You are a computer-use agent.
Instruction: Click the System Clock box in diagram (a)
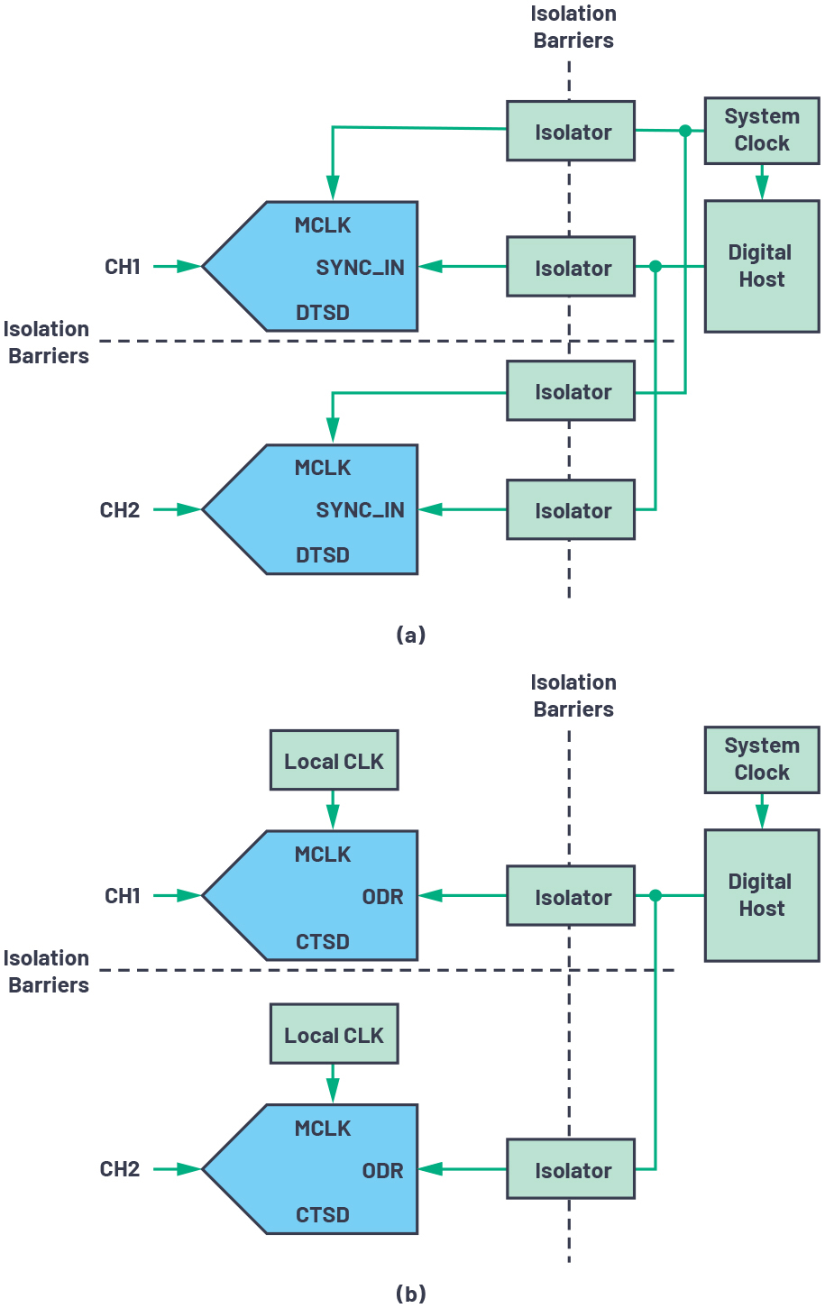point(761,130)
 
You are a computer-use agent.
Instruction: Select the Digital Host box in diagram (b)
point(761,895)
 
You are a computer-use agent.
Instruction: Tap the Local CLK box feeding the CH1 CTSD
point(334,761)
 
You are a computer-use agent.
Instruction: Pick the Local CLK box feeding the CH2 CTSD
point(334,1035)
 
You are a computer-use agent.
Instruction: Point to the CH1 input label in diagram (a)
point(123,267)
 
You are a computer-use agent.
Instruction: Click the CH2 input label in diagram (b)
point(120,1169)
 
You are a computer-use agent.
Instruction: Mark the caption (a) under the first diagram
point(410,635)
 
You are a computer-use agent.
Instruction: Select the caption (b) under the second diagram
point(410,1294)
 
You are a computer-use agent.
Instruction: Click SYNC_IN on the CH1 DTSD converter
point(360,268)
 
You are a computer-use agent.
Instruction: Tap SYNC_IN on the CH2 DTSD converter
point(360,510)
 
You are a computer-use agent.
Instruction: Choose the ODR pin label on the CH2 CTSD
point(382,1171)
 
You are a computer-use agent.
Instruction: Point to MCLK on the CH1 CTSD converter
point(323,855)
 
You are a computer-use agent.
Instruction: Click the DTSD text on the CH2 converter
point(323,555)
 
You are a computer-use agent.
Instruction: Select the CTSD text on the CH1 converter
point(323,942)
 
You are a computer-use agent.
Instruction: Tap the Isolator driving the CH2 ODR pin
point(571,1169)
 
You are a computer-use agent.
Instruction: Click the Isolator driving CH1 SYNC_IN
point(571,267)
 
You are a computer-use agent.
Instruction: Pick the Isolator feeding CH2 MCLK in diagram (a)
point(571,391)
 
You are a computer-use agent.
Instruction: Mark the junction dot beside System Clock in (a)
point(685,131)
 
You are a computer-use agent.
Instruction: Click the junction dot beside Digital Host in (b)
point(655,895)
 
